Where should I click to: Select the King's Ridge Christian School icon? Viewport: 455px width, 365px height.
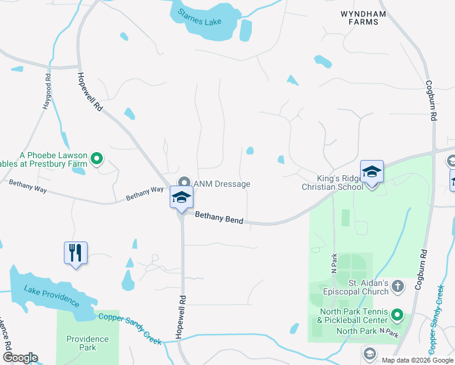[x=372, y=172]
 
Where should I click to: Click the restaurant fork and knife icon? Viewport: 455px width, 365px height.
[x=76, y=253]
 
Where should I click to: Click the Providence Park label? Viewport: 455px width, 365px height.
[x=88, y=343]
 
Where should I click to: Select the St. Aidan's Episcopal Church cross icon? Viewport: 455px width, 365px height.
[x=397, y=285]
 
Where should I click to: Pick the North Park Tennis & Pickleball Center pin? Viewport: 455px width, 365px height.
[x=397, y=315]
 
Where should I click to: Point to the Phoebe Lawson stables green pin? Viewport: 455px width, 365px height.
[x=96, y=160]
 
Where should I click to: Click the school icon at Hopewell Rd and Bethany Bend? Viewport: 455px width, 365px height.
[x=181, y=198]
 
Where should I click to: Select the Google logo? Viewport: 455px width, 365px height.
[x=20, y=358]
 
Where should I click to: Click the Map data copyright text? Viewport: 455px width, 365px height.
[x=417, y=360]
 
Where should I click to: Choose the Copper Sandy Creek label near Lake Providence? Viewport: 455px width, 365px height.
[x=131, y=329]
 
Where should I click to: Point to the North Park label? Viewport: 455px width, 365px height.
[x=356, y=332]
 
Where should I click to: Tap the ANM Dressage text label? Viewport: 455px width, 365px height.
[x=222, y=184]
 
